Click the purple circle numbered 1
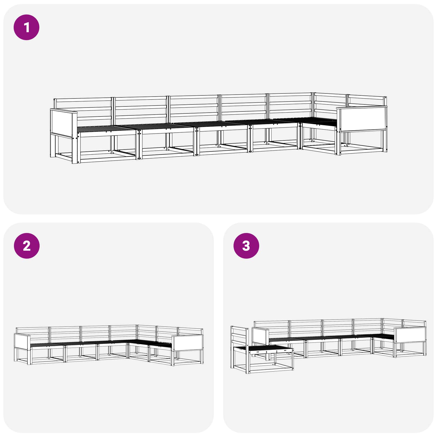point(26,27)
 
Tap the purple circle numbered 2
point(26,246)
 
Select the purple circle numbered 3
point(246,246)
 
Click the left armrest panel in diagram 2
point(22,341)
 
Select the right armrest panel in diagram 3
point(410,335)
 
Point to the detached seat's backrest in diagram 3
point(240,336)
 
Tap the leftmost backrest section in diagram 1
point(83,109)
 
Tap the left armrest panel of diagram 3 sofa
point(260,336)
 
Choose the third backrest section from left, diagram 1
point(194,109)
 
